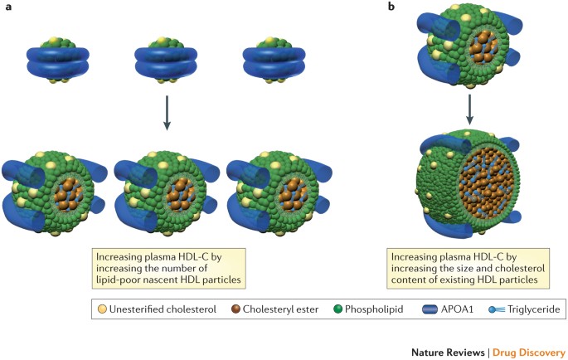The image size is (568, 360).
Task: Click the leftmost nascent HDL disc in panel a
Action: click(57, 62)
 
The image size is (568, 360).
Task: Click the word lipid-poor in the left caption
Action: click(114, 278)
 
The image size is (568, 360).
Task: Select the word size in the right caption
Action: click(475, 266)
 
